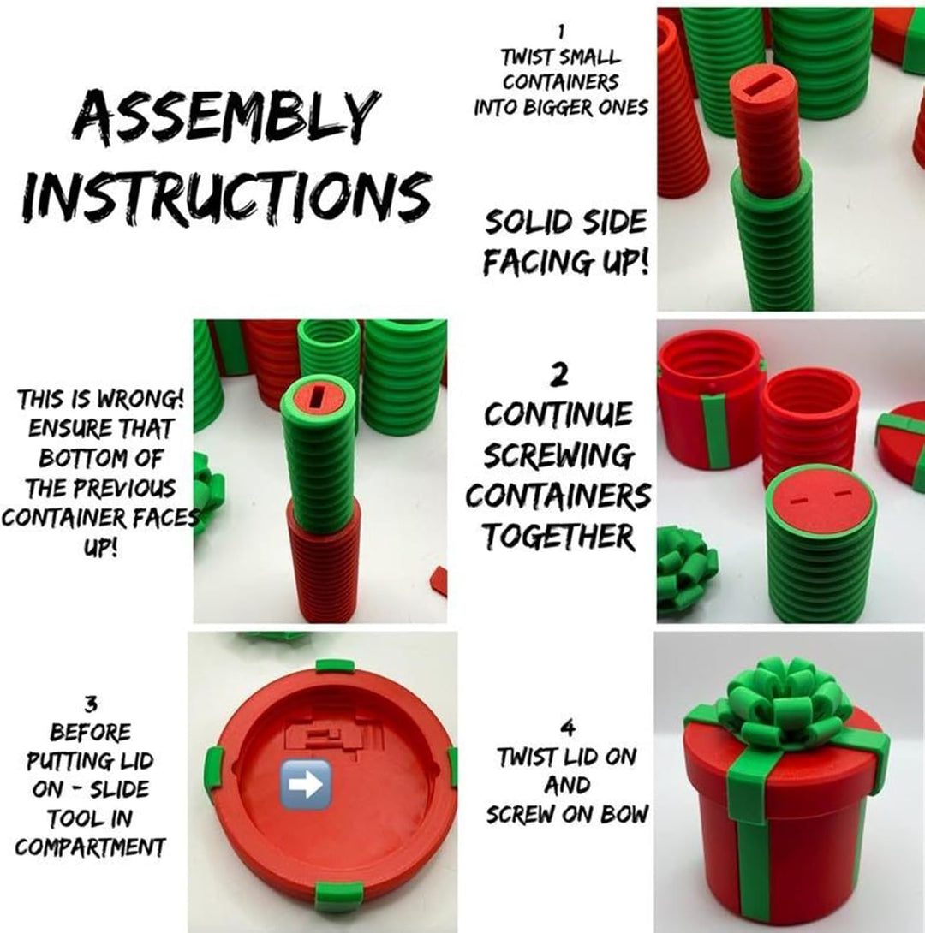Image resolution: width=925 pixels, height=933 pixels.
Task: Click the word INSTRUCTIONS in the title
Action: tap(226, 193)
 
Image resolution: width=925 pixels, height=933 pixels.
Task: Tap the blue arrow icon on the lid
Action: tap(306, 784)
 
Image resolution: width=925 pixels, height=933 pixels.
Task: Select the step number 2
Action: tap(559, 376)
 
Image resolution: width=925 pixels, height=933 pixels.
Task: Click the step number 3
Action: tap(90, 705)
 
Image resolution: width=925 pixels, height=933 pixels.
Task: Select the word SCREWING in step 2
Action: tap(558, 456)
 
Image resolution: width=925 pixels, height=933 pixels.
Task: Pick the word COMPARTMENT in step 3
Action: tap(90, 847)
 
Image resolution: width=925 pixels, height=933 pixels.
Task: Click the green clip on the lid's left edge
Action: tap(214, 765)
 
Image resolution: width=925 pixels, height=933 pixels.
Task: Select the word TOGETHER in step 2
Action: tap(558, 536)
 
